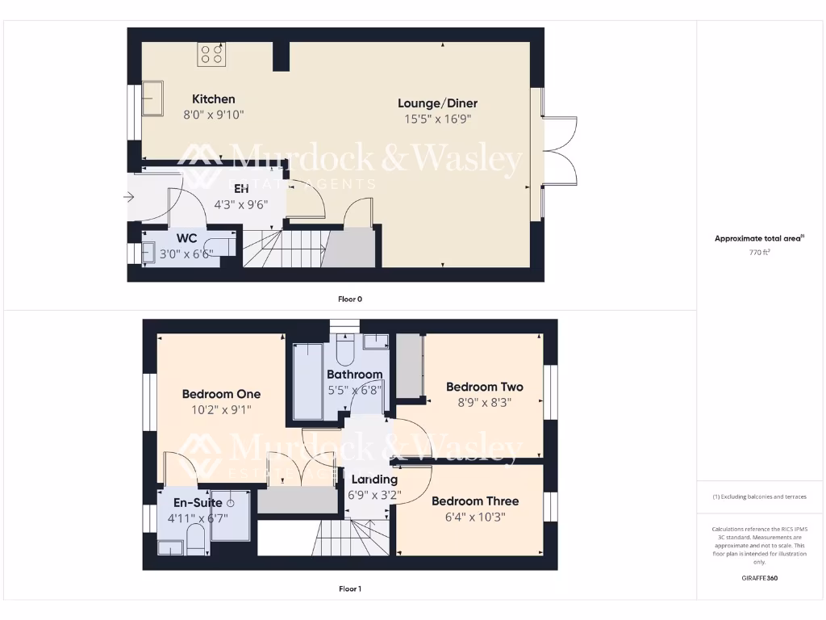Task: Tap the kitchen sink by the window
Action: pos(152,98)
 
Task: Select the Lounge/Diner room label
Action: pos(437,103)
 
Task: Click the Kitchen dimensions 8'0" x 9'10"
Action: pos(213,115)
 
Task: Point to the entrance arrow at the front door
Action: pos(129,196)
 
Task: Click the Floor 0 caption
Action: pos(349,299)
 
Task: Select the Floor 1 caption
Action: pos(349,589)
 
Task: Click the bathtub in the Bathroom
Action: pos(308,381)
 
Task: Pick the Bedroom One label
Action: pos(221,394)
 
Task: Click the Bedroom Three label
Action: pos(475,501)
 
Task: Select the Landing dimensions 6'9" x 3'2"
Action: pos(374,495)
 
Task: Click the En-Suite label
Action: pos(193,502)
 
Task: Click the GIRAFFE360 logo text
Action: pos(759,578)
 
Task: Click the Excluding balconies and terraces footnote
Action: pos(759,496)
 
